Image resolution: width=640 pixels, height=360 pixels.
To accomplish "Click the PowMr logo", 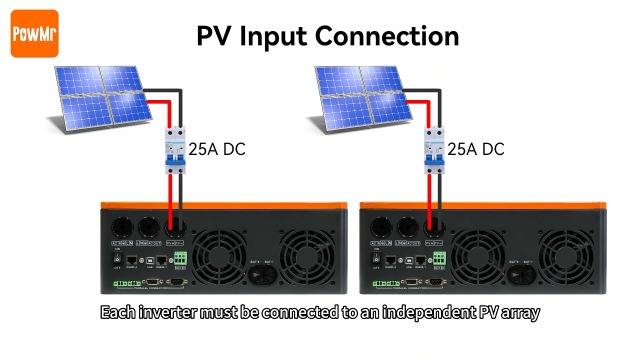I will coord(31,36).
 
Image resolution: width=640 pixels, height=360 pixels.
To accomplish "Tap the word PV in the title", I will coord(215,36).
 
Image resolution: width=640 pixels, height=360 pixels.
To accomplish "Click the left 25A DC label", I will coord(217,150).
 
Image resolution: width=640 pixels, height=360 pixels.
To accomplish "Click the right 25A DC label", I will coord(476,150).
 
